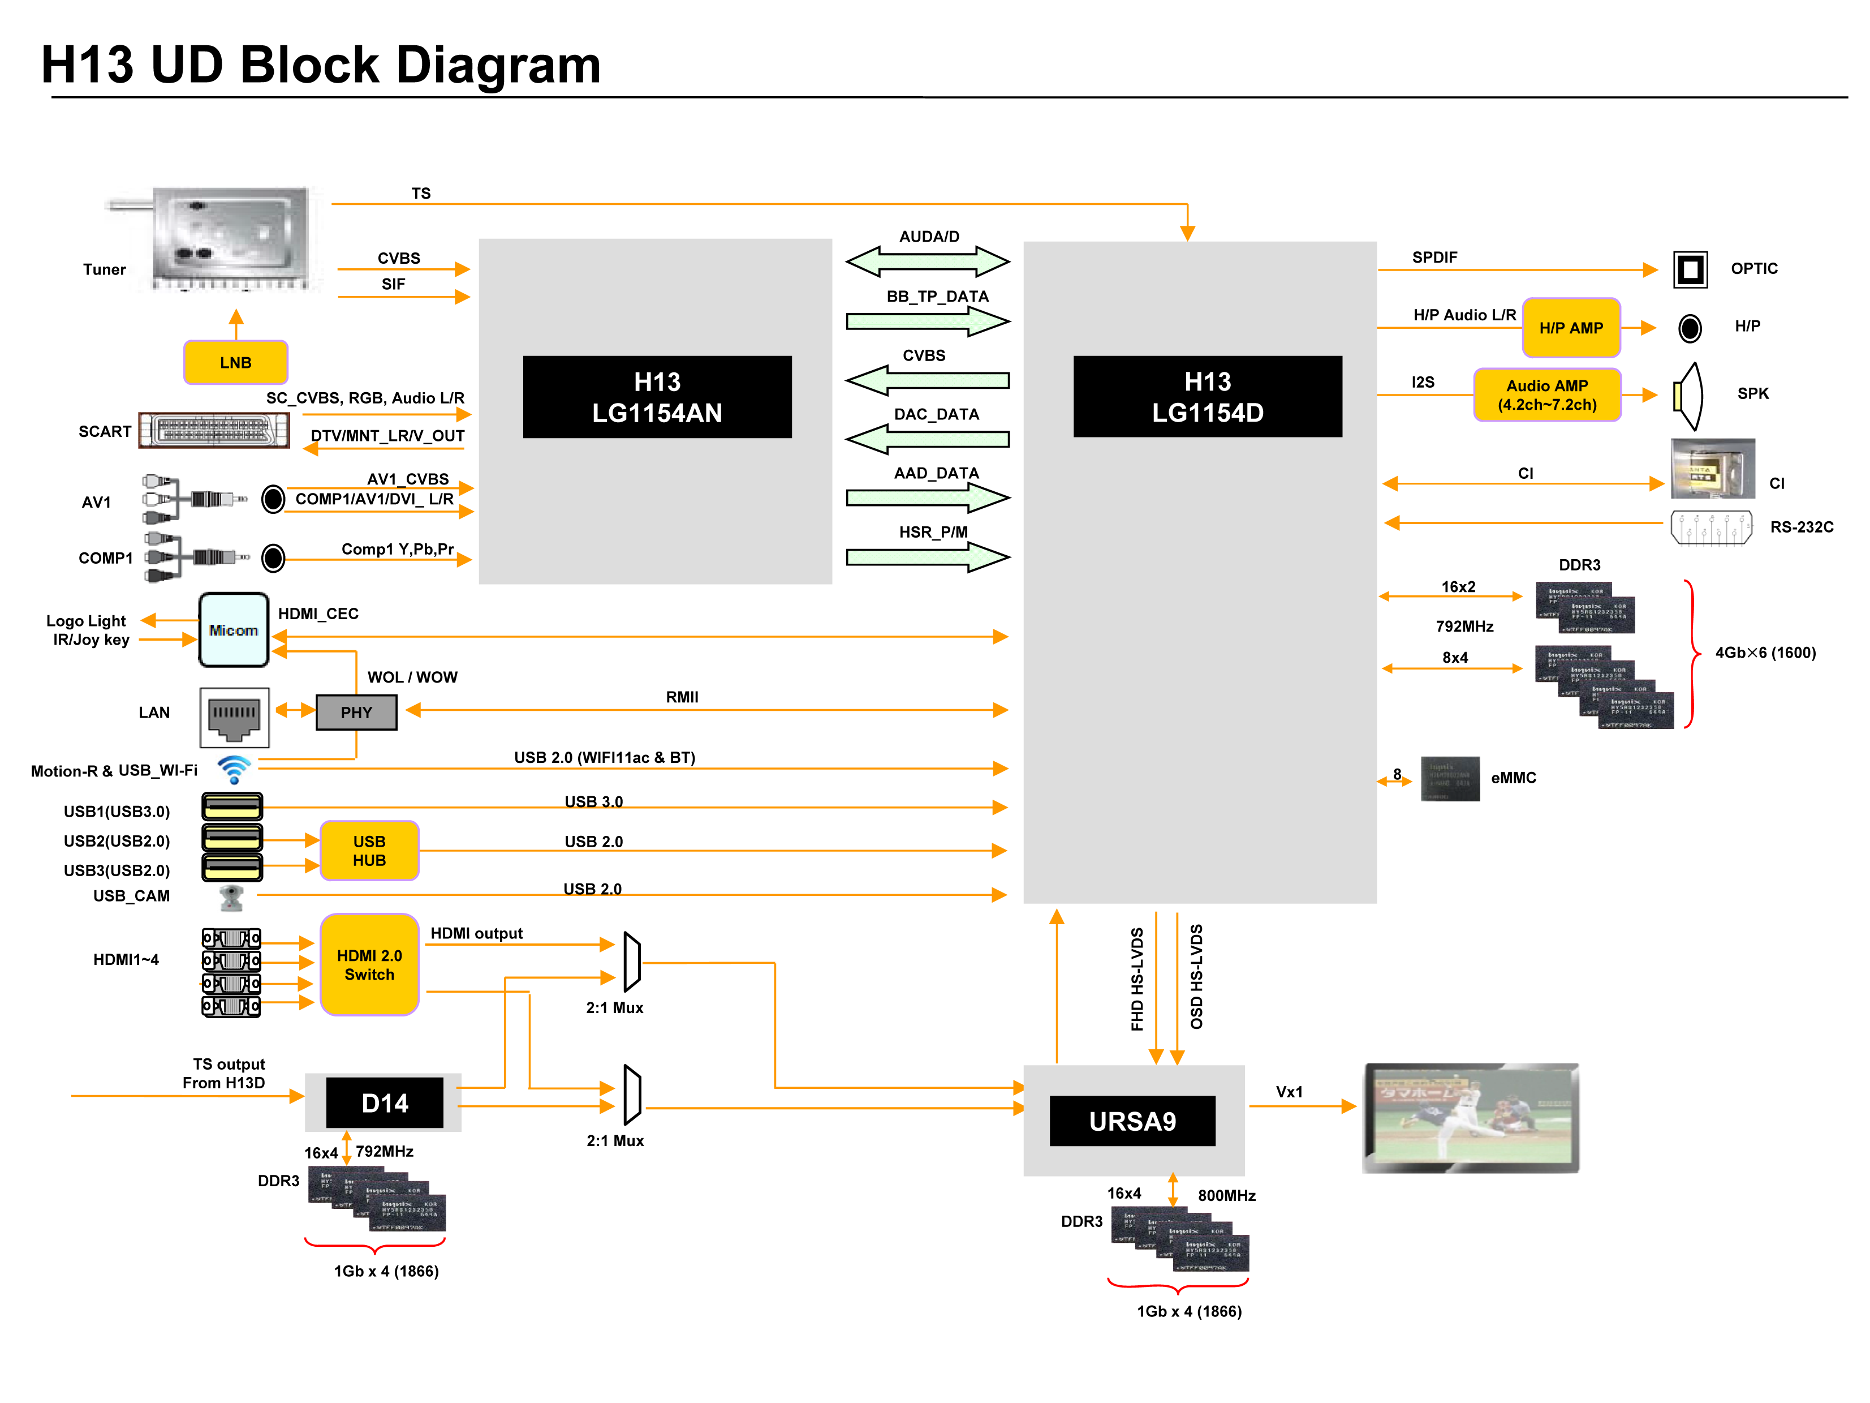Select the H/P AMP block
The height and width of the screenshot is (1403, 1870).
pyautogui.click(x=1571, y=327)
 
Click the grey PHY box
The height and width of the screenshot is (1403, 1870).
pyautogui.click(x=356, y=712)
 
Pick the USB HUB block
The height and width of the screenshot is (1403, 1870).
pyautogui.click(x=369, y=851)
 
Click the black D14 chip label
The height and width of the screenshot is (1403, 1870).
pyautogui.click(x=385, y=1103)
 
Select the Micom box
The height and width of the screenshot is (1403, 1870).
pyautogui.click(x=234, y=630)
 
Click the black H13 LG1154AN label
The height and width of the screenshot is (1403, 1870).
pyautogui.click(x=657, y=397)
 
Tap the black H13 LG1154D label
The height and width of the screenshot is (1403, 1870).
pyautogui.click(x=1207, y=397)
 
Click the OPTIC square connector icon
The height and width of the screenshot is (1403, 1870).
pyautogui.click(x=1690, y=270)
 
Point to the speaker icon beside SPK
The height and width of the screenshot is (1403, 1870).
pyautogui.click(x=1688, y=395)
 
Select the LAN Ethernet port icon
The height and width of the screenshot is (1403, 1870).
pyautogui.click(x=234, y=717)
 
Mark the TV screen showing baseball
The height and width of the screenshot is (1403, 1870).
pyautogui.click(x=1471, y=1118)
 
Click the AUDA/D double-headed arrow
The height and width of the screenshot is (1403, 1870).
pyautogui.click(x=928, y=261)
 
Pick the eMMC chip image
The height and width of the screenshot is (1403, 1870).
pyautogui.click(x=1450, y=778)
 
